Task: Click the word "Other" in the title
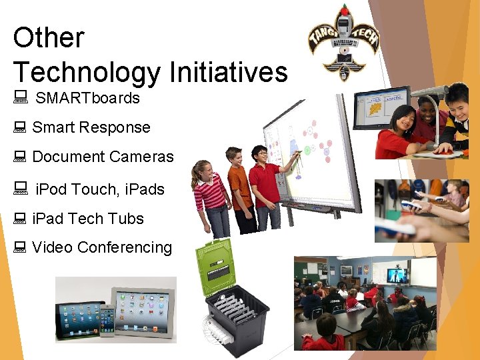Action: [x=49, y=37]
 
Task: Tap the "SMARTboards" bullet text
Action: [x=87, y=98]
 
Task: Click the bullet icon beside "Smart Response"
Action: [x=19, y=127]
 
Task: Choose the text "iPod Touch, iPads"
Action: [x=99, y=189]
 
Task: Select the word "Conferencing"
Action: [x=125, y=247]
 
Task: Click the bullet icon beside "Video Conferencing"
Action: [x=19, y=247]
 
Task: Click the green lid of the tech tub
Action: [x=214, y=267]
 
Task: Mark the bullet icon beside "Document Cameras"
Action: [x=19, y=157]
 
